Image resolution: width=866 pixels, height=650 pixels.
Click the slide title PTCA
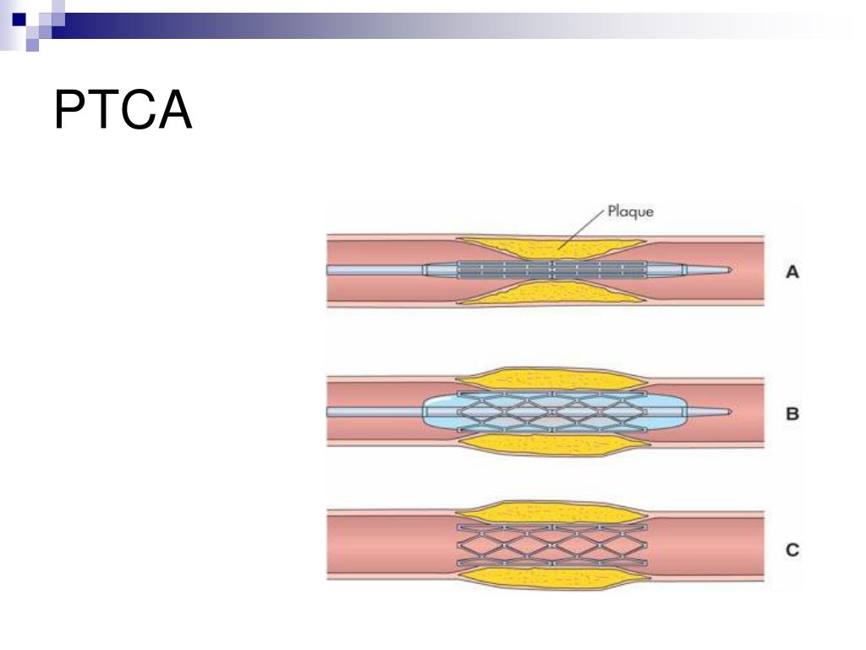coord(123,110)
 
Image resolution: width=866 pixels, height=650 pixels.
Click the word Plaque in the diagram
coord(630,212)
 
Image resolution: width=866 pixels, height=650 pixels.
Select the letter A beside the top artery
coord(792,272)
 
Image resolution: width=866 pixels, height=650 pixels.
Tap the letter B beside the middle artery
coord(792,415)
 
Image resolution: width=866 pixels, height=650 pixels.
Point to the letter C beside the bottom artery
coord(792,550)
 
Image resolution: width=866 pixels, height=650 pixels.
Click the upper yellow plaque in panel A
coord(550,248)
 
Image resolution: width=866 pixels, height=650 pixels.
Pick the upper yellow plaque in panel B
coord(550,379)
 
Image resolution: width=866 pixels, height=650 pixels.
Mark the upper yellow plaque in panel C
coord(550,512)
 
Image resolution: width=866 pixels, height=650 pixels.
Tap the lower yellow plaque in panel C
coord(550,580)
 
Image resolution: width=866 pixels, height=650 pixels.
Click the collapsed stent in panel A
coord(550,270)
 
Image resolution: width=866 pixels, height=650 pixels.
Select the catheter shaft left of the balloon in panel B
coord(372,412)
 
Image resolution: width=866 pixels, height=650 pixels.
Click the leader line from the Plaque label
coord(584,227)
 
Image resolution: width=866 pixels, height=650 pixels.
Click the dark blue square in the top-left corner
coord(19,17)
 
